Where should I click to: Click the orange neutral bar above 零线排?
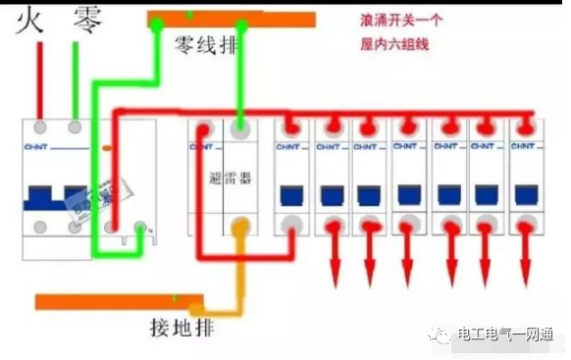pyautogui.click(x=231, y=19)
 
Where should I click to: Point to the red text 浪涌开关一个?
pyautogui.click(x=401, y=21)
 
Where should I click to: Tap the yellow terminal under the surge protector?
pyautogui.click(x=239, y=228)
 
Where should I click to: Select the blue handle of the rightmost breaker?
pyautogui.click(x=523, y=192)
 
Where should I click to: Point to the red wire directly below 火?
pyautogui.click(x=40, y=83)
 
